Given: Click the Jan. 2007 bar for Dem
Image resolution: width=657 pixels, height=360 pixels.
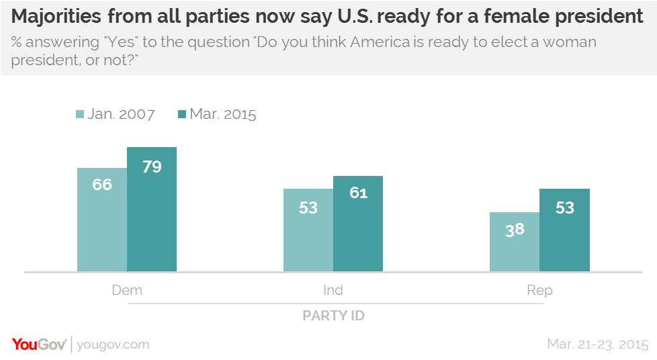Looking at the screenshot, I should click(102, 220).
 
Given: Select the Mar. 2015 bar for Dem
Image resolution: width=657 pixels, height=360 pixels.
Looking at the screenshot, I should click(152, 210).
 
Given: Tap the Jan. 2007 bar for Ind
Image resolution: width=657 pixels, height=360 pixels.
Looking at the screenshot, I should click(308, 230).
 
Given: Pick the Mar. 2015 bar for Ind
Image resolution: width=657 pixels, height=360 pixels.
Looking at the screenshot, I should click(358, 224).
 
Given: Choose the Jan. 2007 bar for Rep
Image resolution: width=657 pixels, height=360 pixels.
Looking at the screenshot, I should click(515, 242).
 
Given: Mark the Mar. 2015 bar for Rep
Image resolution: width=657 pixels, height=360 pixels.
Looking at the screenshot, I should click(564, 230).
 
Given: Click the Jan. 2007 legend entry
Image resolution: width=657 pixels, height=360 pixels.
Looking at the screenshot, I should click(115, 114).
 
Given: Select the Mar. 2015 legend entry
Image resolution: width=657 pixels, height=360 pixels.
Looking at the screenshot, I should click(216, 114).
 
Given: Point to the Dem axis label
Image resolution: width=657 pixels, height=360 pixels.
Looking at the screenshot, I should click(127, 290).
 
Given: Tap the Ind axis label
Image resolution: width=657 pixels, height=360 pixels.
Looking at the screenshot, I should click(333, 290).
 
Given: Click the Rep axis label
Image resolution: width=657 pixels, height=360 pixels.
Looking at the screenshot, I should click(539, 290).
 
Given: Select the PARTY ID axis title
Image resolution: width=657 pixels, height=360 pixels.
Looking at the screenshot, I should click(333, 315).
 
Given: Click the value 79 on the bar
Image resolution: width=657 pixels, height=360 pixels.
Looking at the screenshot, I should click(152, 166).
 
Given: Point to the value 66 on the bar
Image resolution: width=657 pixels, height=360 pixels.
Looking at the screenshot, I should click(102, 184).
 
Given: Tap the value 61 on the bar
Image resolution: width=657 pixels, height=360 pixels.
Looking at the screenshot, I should click(358, 193).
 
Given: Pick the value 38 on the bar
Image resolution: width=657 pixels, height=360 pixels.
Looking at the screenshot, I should click(515, 229).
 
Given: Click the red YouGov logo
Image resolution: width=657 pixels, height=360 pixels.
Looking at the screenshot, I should click(39, 345).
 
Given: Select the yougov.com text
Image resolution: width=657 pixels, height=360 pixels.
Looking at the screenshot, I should click(113, 345).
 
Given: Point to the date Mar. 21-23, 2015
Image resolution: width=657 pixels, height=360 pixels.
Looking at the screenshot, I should click(597, 345).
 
